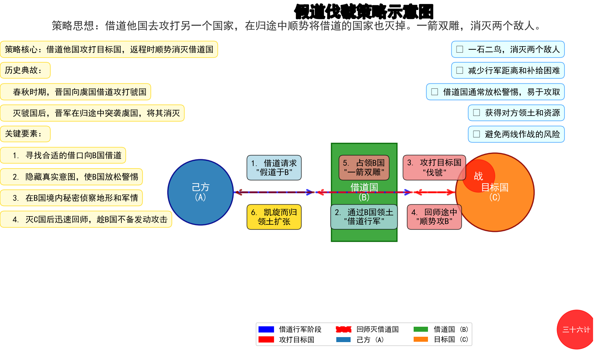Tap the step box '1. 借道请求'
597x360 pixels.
pos(274,167)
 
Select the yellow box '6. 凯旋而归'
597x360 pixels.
pos(274,217)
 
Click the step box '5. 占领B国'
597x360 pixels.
pos(364,167)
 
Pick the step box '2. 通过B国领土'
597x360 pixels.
pos(364,217)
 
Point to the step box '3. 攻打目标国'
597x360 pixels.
pos(434,167)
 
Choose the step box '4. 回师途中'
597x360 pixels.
pos(434,217)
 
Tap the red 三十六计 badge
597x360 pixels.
pos(576,330)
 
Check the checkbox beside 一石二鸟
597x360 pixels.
pos(460,49)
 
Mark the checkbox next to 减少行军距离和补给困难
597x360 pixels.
pos(460,70)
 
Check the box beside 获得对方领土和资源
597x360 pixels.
pos(477,113)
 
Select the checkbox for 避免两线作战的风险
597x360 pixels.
pos(477,134)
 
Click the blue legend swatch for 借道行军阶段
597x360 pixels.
pos(266,329)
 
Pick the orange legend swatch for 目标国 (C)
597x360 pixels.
pos(421,339)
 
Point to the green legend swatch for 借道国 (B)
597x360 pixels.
pos(421,329)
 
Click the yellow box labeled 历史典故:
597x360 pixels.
pos(25,70)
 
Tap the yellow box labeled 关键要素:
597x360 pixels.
pos(25,134)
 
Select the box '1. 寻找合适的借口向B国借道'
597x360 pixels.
pos(63,155)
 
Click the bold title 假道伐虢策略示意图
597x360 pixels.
pos(364,12)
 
